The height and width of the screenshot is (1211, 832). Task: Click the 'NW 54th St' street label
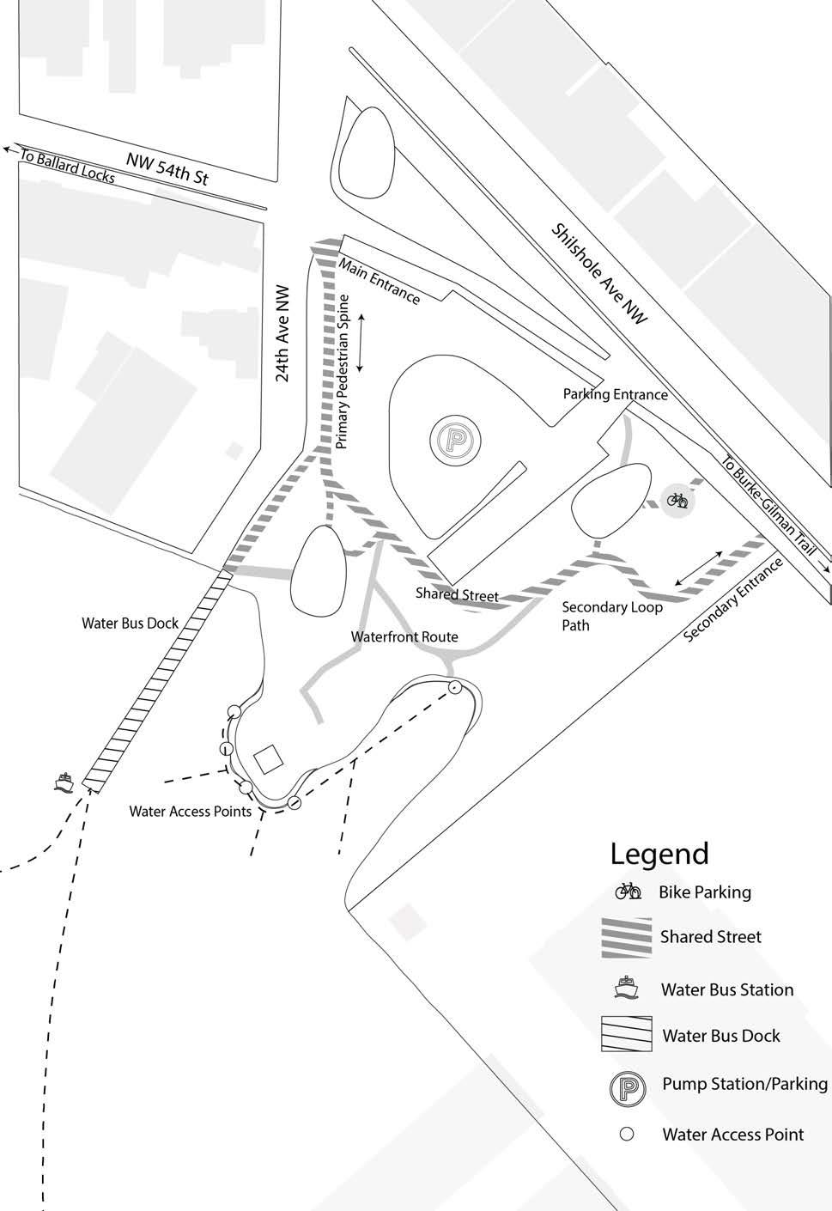(x=167, y=167)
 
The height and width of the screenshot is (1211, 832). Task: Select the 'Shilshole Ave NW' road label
(x=600, y=273)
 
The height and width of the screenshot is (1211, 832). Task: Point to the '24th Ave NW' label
(x=283, y=333)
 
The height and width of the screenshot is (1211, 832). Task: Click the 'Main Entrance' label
(x=380, y=280)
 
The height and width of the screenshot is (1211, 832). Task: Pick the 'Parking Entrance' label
(x=615, y=394)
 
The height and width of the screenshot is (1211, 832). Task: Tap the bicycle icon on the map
(x=677, y=499)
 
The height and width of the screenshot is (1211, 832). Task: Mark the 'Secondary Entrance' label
(x=733, y=599)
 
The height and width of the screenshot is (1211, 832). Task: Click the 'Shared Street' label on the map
(x=457, y=594)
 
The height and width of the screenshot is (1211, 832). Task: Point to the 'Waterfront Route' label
(x=404, y=637)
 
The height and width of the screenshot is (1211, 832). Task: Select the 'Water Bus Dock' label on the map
(x=131, y=623)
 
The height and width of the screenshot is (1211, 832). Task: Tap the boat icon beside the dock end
(x=64, y=782)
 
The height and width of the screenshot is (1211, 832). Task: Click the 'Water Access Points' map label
(x=191, y=811)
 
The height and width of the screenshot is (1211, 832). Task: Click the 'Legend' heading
(x=659, y=854)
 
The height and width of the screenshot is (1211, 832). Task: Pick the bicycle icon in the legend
(x=628, y=892)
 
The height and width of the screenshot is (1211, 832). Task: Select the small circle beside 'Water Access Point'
(x=627, y=1135)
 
